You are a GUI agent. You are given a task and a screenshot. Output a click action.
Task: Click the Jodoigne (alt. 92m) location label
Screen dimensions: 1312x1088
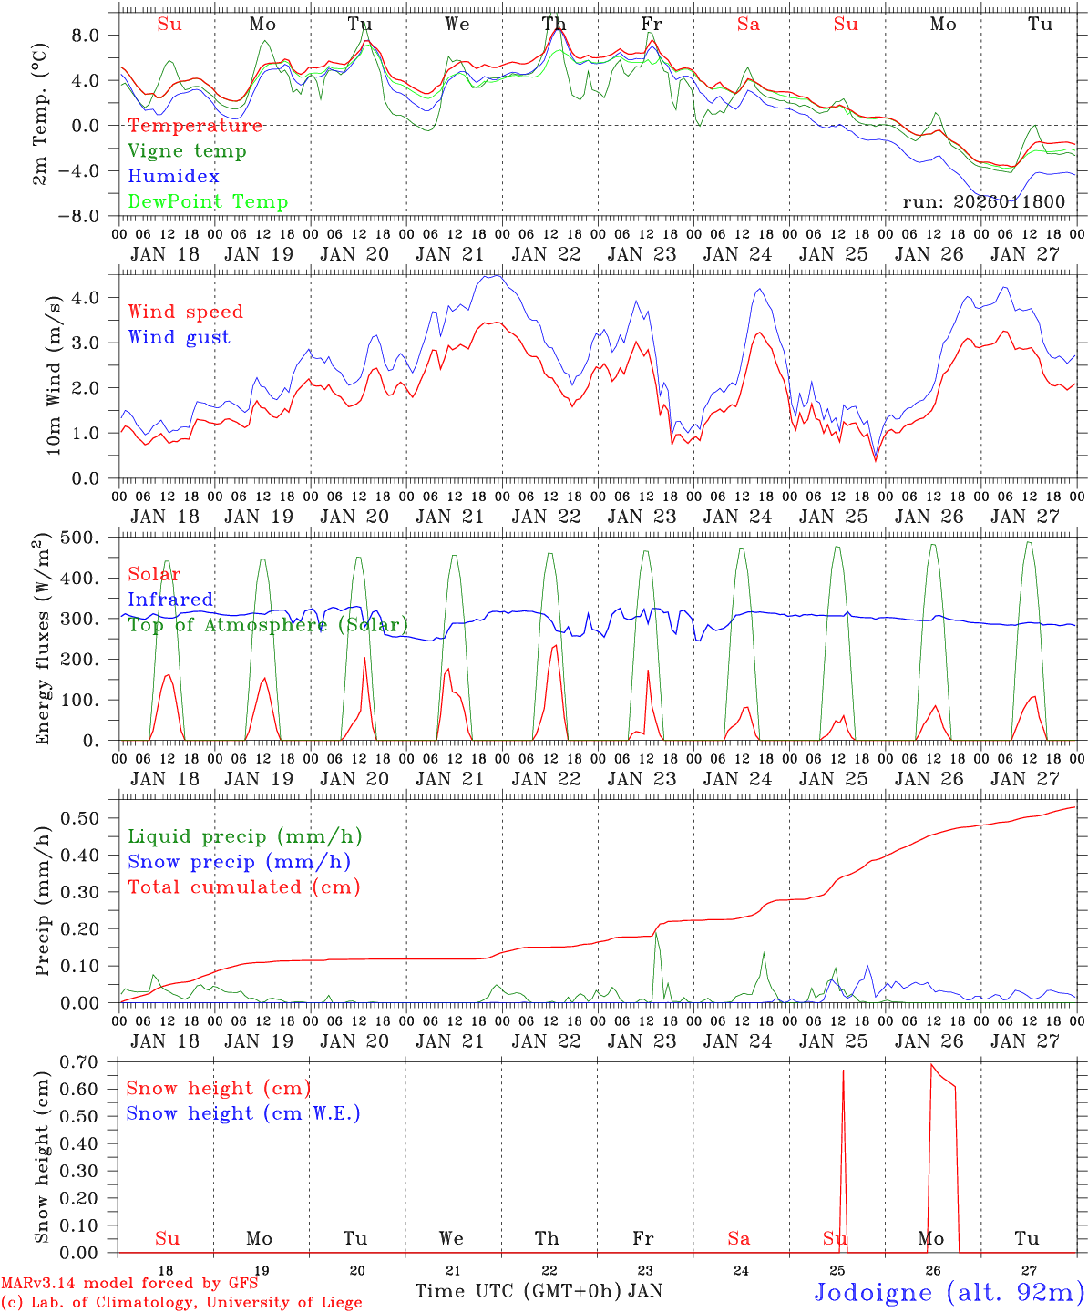[x=949, y=1292]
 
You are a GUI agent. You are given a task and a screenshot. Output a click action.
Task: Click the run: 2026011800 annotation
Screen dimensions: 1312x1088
[x=983, y=201]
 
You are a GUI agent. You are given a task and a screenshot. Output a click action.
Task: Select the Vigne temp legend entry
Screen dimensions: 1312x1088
[x=187, y=151]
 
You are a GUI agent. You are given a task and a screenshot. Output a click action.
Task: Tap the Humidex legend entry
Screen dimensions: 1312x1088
[x=173, y=177]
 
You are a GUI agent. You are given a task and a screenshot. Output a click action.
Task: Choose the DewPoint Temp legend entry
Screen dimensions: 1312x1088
[x=208, y=202]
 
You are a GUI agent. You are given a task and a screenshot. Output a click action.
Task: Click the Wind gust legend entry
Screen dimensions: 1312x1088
[x=179, y=337]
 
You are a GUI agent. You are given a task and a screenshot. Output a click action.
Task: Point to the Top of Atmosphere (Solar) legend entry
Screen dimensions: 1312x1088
[x=268, y=625]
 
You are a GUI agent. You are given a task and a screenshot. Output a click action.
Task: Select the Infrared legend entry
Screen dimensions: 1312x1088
[x=170, y=600]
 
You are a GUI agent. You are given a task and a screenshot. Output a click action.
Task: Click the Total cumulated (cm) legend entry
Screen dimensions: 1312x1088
[x=243, y=887]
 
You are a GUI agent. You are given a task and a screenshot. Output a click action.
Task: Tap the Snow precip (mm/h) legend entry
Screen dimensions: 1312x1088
[x=239, y=862]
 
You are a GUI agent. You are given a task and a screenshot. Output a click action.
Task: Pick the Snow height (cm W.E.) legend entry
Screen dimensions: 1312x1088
[x=242, y=1113]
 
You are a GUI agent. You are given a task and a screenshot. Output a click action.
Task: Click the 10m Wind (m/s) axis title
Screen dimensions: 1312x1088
[x=53, y=375]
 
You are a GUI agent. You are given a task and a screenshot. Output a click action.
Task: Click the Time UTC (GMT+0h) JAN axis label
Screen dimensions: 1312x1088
[x=538, y=1291]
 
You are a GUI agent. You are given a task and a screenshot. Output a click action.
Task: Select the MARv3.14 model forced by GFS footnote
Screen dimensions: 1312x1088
[x=129, y=1284]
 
